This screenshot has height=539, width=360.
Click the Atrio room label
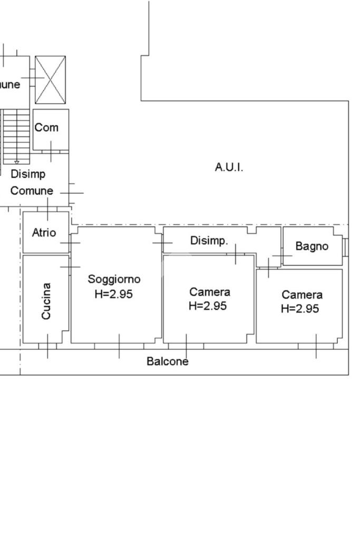pos(44,233)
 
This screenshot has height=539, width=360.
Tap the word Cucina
pos(46,301)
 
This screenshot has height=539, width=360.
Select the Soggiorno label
pos(114,279)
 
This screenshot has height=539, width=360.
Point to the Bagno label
pos(312,246)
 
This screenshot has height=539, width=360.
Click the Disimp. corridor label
pos(209,241)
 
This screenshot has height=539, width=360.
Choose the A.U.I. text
pos(229,168)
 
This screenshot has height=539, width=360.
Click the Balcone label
pos(168,361)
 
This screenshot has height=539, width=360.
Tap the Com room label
pos(46,128)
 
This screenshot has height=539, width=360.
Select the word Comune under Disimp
pos(32,191)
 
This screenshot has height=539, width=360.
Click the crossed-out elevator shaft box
pos(50,80)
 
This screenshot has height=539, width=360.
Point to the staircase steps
pos(16,136)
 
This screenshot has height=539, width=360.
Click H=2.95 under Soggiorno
pos(113,294)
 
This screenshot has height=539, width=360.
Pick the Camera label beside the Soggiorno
pos(209,292)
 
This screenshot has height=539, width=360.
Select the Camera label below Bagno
pos(302,295)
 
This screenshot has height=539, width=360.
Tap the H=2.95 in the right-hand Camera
pos(300,309)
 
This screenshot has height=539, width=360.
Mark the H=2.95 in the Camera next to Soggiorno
pos(208,306)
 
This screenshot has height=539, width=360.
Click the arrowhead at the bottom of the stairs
pos(16,162)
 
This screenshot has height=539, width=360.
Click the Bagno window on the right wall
pos(346,247)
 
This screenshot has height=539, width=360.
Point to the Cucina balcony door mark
pos(47,346)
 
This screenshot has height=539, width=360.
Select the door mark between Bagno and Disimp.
pos(283,256)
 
